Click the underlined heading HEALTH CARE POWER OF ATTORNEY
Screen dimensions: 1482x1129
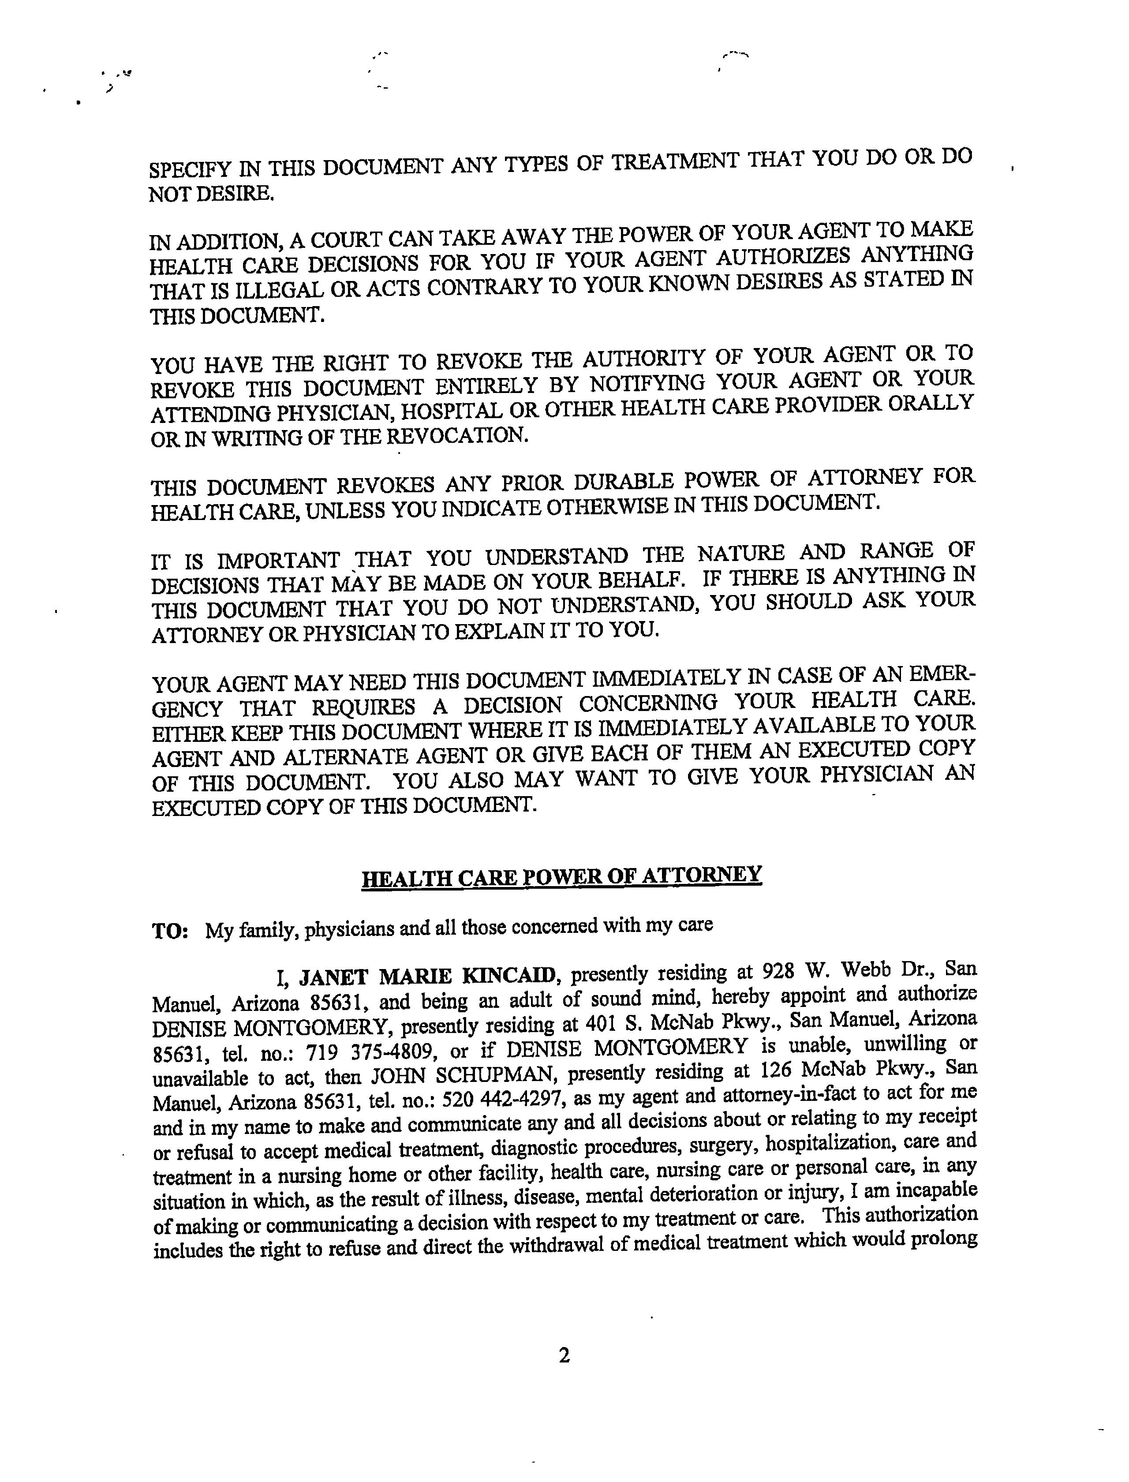(562, 877)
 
